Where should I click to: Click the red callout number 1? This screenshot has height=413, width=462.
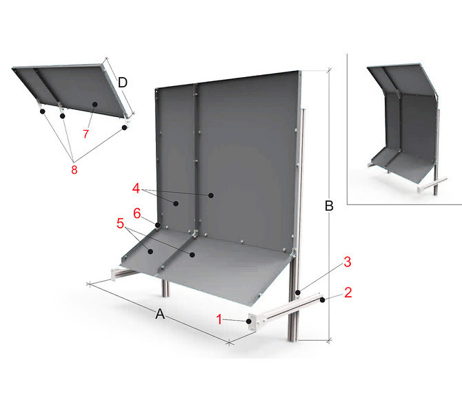tap(219, 319)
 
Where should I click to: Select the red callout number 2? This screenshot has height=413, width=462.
tap(348, 293)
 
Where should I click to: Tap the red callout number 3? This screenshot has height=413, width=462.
tap(348, 262)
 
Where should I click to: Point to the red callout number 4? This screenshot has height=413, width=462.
tap(136, 189)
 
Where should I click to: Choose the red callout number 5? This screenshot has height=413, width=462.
tap(120, 223)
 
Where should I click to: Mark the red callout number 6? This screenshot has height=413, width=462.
tap(137, 213)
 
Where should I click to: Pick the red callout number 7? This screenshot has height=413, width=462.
tap(86, 134)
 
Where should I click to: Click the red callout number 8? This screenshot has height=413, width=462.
tap(74, 170)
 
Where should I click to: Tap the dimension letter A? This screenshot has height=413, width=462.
tap(160, 314)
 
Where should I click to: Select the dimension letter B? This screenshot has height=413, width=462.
tap(329, 206)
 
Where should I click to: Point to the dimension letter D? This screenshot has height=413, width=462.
tap(123, 83)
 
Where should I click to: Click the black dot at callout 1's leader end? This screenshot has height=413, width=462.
tap(249, 321)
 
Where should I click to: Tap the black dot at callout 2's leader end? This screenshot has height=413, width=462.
tap(323, 299)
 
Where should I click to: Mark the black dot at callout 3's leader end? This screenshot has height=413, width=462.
tap(298, 293)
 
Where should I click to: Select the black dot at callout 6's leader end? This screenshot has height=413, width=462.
tap(158, 225)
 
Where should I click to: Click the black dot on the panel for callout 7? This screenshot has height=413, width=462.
tap(95, 104)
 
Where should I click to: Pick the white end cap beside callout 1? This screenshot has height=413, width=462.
tap(253, 323)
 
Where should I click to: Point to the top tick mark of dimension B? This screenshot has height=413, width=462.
tap(329, 70)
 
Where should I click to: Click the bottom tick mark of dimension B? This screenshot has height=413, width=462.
tap(329, 340)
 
